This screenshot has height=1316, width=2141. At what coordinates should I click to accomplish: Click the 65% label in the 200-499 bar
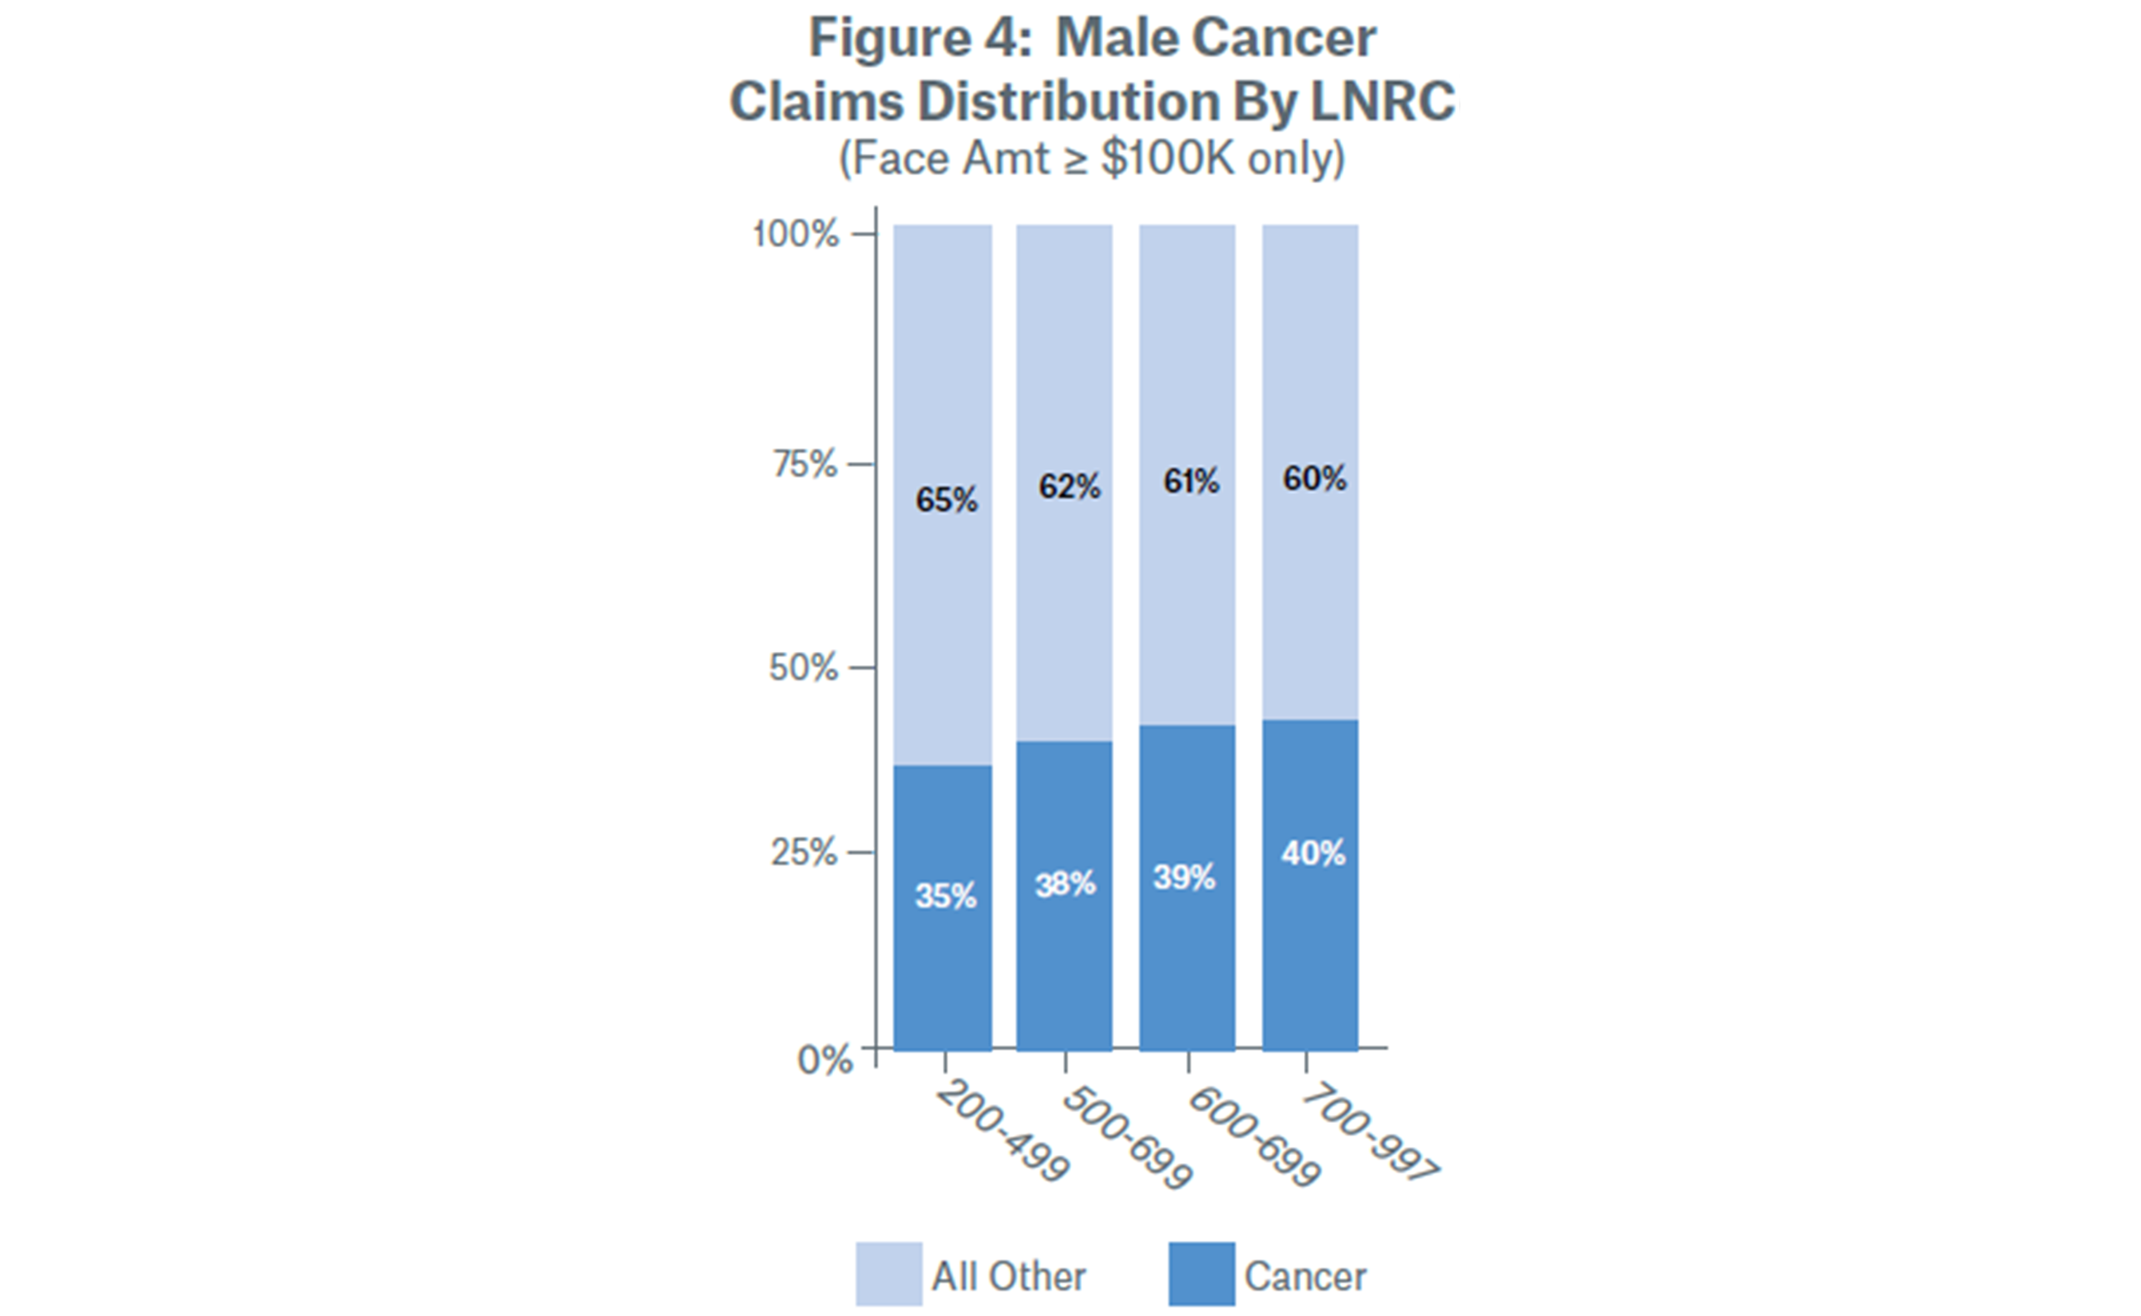point(946,501)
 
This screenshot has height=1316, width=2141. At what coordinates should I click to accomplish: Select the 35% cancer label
point(945,896)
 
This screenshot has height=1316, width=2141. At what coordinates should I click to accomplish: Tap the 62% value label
point(1069,487)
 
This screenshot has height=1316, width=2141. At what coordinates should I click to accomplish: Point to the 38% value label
point(1065,885)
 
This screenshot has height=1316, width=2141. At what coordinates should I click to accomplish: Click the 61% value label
point(1191,482)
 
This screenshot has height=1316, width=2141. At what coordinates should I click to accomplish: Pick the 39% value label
point(1184,877)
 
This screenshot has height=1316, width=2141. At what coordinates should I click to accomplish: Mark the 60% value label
point(1314,477)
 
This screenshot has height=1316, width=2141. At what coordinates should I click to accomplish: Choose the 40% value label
point(1313,853)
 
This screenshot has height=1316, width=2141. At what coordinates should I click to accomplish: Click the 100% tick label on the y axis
point(795,234)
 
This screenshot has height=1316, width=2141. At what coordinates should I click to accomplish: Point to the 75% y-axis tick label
point(805,465)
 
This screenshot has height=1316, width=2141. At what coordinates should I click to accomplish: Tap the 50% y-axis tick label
point(803,668)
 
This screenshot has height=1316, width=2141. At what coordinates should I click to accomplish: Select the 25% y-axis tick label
point(804,852)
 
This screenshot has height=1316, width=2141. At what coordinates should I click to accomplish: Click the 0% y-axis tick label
point(825,1060)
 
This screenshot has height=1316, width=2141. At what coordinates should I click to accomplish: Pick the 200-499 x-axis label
point(1002,1132)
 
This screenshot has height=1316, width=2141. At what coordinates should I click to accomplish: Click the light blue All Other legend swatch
point(888,1274)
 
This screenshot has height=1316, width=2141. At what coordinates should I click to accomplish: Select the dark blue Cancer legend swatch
point(1201,1274)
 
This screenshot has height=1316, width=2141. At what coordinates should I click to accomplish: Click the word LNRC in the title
point(1381,101)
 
